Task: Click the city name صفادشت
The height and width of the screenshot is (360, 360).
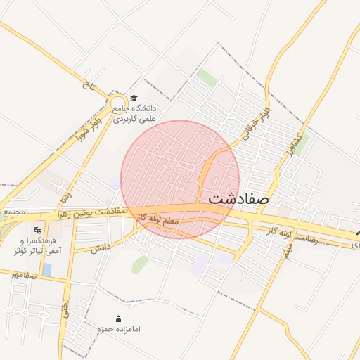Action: click(x=239, y=199)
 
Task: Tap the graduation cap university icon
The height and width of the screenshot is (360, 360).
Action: click(x=134, y=98)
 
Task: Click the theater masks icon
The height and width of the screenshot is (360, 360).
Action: click(x=39, y=229)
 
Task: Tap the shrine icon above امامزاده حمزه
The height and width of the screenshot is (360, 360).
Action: click(x=118, y=319)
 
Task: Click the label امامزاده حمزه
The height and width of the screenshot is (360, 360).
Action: click(x=118, y=329)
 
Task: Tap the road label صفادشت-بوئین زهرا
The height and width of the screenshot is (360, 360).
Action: click(x=89, y=212)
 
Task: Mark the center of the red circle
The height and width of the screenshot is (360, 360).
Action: click(x=180, y=180)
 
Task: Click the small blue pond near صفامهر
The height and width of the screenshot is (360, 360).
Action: click(x=46, y=269)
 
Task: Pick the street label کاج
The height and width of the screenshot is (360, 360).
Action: click(x=88, y=87)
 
